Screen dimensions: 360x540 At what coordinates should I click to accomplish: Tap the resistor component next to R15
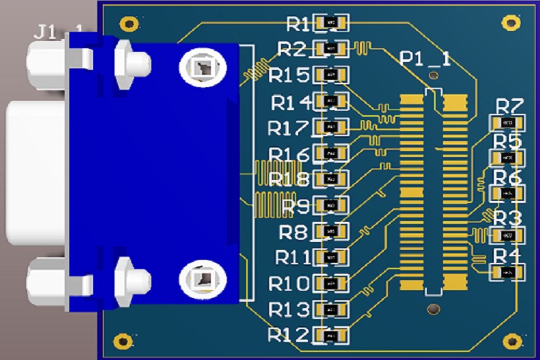331,74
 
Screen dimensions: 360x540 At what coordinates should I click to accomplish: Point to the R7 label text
508,106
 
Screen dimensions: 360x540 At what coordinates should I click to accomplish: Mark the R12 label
288,334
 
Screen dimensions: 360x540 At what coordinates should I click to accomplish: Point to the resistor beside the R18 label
331,179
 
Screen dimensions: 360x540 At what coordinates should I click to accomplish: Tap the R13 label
289,310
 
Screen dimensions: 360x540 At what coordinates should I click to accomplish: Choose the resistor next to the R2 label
331,49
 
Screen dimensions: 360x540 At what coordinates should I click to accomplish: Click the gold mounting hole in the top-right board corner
512,23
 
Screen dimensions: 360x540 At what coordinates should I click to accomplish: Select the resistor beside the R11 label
331,256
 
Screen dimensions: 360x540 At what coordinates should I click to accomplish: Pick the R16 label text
289,154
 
